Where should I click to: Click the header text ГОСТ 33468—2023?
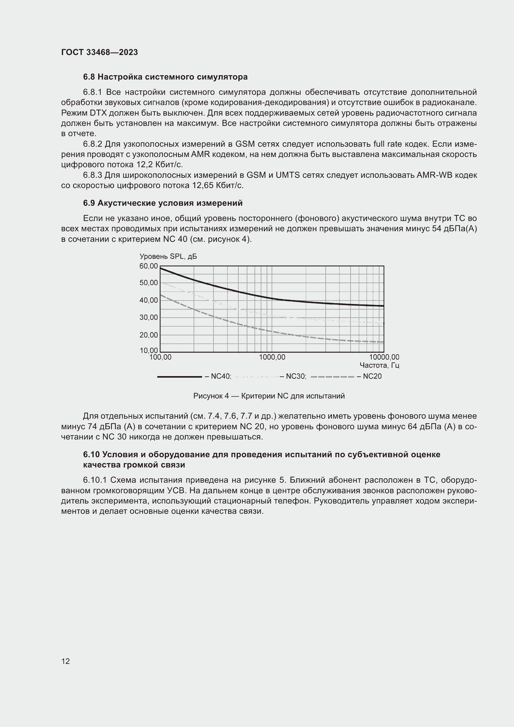99,52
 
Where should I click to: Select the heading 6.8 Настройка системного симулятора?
165,77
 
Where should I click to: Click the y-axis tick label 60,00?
149,266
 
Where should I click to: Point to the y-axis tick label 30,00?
149,317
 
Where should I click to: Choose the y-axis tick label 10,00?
149,351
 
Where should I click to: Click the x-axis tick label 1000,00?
272,357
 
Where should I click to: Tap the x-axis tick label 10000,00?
384,357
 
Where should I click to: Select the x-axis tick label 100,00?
160,357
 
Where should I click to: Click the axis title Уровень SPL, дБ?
168,256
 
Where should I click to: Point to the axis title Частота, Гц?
379,366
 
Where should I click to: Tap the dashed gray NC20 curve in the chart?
241,325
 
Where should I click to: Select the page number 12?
66,661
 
